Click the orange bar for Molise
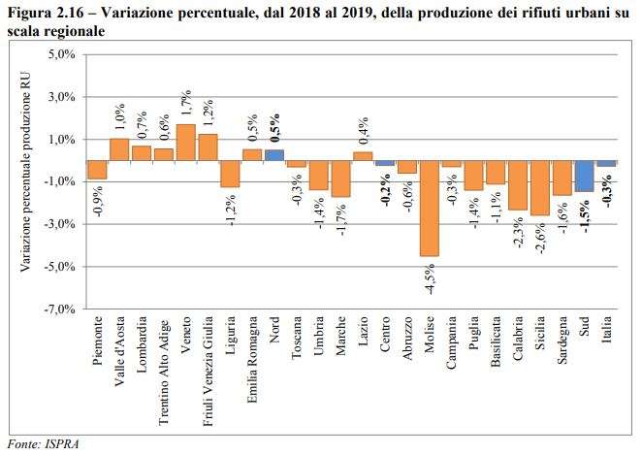tap(429, 208)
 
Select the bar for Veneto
tap(185, 142)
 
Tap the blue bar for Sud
tap(584, 176)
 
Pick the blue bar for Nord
tap(274, 155)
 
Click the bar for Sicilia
tap(539, 187)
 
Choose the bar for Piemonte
tap(97, 170)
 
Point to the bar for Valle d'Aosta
tap(119, 149)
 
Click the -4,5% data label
tap(430, 276)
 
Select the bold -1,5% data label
tap(585, 211)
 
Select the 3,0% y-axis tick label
tap(61, 98)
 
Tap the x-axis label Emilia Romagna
tap(252, 356)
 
